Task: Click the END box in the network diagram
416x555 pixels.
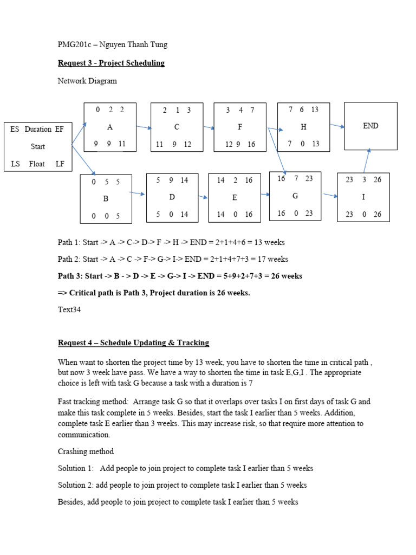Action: [x=370, y=126]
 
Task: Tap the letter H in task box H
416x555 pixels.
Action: [x=303, y=126]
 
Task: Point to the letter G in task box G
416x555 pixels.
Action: [x=295, y=196]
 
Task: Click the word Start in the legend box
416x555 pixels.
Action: [x=38, y=146]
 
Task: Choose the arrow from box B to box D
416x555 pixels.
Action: [x=137, y=193]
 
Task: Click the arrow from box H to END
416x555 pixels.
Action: [x=337, y=126]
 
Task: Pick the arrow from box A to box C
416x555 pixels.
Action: [x=144, y=128]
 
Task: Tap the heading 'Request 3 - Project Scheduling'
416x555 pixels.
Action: [x=111, y=63]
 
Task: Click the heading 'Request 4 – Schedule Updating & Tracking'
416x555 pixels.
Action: [x=133, y=343]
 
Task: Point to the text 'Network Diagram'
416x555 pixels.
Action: [x=87, y=81]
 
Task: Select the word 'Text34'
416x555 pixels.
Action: [x=69, y=309]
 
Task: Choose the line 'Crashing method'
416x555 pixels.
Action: [x=86, y=451]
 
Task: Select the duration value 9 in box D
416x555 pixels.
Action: [x=172, y=180]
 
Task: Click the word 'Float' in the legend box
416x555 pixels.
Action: [x=38, y=164]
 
